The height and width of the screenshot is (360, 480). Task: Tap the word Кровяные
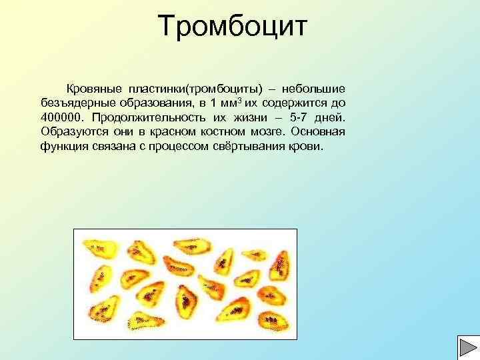point(92,89)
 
